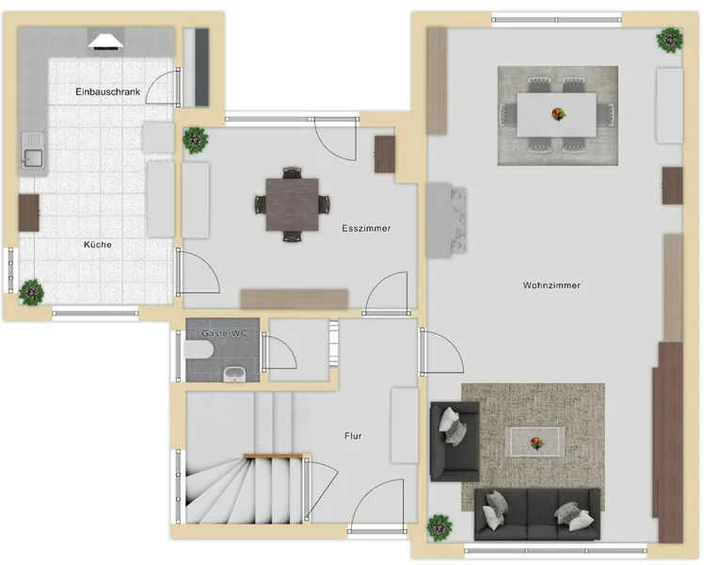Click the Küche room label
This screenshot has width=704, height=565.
coord(98,245)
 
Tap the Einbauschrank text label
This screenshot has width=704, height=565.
coord(107,91)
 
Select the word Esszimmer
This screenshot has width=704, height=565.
coord(366,228)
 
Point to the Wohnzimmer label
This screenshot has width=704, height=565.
coord(552,285)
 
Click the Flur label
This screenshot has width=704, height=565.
coord(353,436)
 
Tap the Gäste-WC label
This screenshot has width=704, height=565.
coord(224,333)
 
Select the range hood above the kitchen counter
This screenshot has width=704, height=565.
coord(105,40)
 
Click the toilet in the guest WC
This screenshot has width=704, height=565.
coord(199,349)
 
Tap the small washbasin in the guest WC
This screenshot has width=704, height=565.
coord(234,374)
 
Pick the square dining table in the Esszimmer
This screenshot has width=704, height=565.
coord(293,204)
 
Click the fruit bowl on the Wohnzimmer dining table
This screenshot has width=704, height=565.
coord(558,114)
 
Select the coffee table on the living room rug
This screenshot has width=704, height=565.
coord(535,442)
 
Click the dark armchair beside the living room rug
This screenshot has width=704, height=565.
coord(455,441)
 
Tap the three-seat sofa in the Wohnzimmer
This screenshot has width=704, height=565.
coord(537,514)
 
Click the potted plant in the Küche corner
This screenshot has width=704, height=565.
coord(31,292)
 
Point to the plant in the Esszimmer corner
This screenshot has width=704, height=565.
coord(196,140)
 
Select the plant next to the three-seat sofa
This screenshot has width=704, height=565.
coord(440,527)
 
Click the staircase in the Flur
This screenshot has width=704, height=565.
coord(245,458)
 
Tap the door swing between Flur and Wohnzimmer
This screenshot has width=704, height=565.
coord(442,351)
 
